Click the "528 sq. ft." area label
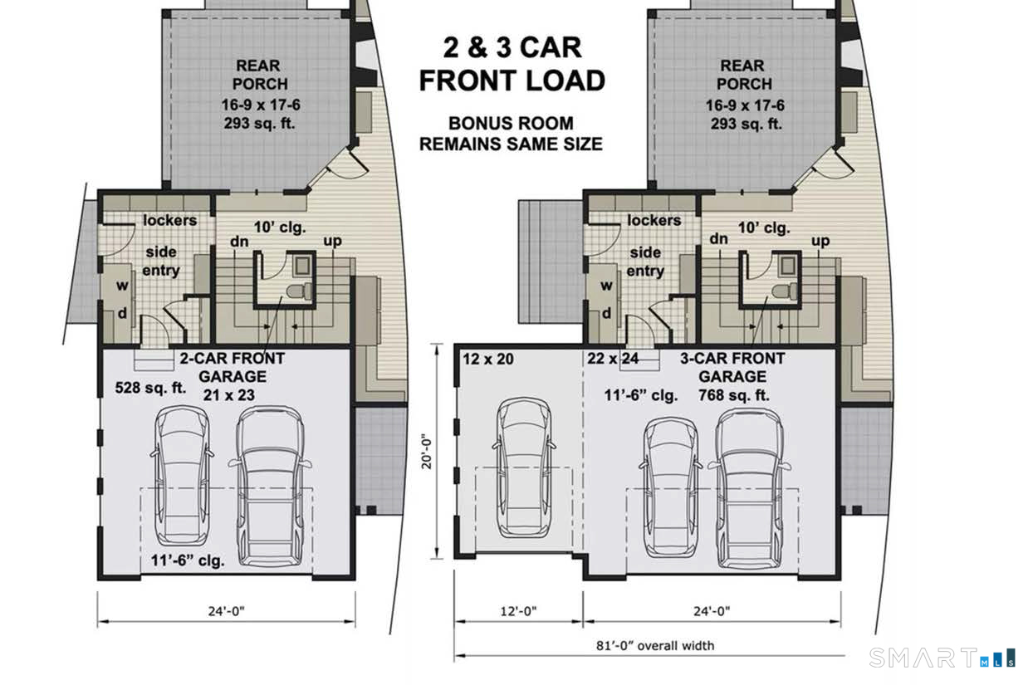(150, 388)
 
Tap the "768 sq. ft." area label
(734, 395)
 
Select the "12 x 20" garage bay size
(488, 359)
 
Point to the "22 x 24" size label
(613, 359)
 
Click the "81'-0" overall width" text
(655, 646)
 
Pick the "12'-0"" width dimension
(519, 611)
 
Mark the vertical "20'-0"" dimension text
(427, 452)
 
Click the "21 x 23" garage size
(228, 395)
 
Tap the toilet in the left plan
(299, 291)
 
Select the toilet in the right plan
(785, 291)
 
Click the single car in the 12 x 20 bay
(524, 468)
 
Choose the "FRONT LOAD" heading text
(512, 81)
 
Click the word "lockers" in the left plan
(169, 220)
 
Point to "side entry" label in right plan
(645, 262)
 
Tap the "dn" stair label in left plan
(239, 242)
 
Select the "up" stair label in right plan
(820, 242)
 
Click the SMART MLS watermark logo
(942, 658)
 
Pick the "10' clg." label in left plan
(280, 228)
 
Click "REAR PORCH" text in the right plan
(744, 75)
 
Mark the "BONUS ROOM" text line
(511, 124)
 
